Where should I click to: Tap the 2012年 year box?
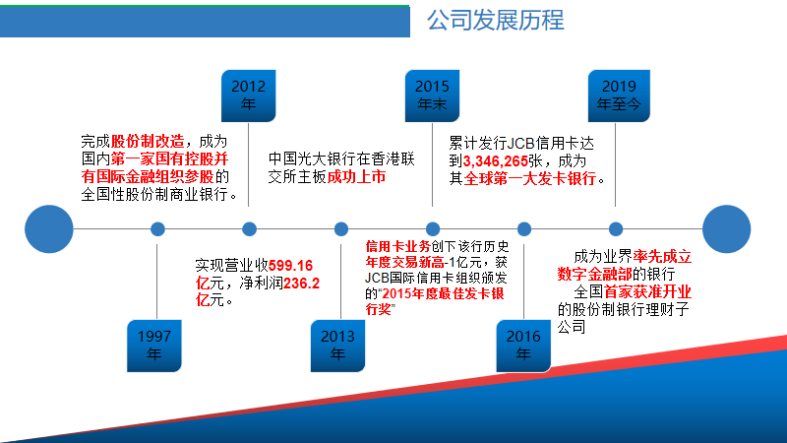pos(248,95)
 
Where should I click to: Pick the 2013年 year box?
pos(338,345)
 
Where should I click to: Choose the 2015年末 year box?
pos(432,95)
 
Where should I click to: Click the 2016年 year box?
pos(523,345)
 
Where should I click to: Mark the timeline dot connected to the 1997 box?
pos(157,229)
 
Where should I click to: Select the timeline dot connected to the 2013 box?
pos(341,229)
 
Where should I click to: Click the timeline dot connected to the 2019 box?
pos(617,229)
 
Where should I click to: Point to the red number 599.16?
pos(290,265)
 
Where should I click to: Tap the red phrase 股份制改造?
pos(147,141)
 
